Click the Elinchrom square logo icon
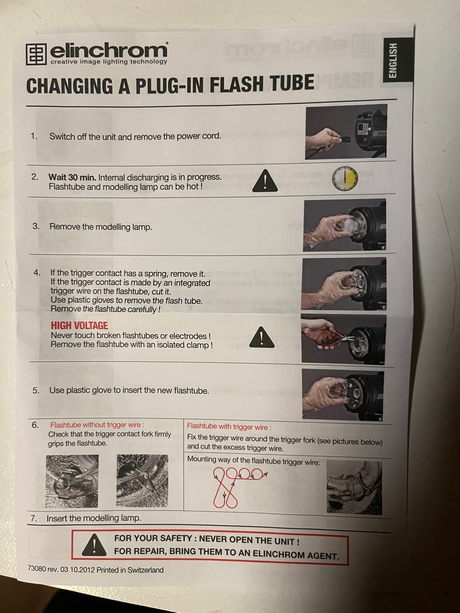[x=36, y=54]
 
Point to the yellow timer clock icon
[x=345, y=179]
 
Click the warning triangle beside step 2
[x=265, y=181]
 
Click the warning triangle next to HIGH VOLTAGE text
[x=262, y=337]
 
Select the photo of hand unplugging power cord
[x=346, y=132]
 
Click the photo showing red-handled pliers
[x=343, y=340]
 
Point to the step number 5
[x=36, y=390]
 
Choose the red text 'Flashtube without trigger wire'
[x=97, y=425]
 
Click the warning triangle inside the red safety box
[x=94, y=544]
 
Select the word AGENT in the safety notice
[x=323, y=555]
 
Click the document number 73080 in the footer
[x=36, y=568]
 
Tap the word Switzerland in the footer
[x=146, y=570]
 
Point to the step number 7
[x=34, y=518]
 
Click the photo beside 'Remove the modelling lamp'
[x=345, y=225]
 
